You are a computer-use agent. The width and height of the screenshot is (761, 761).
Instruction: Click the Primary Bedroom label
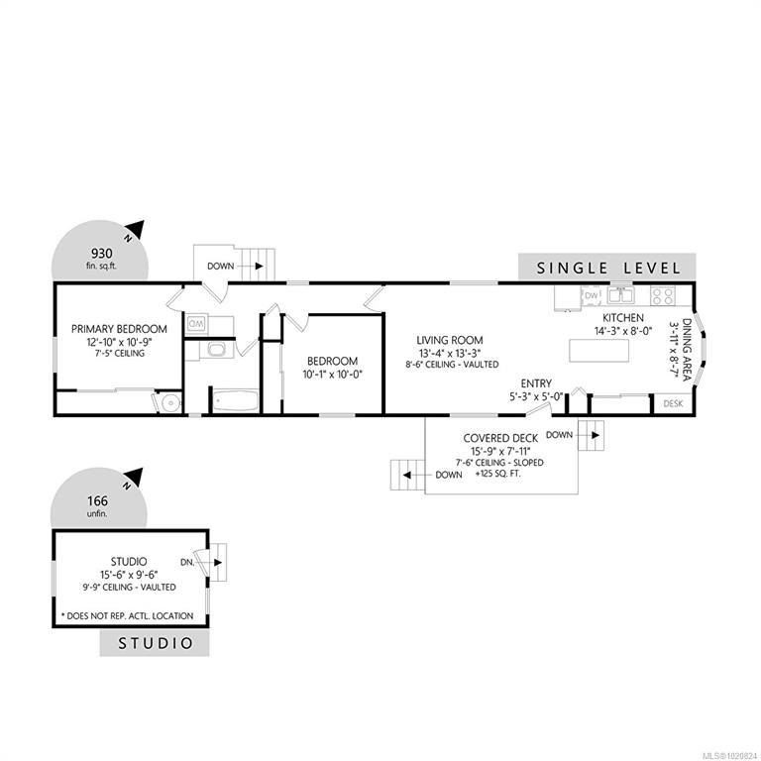119,329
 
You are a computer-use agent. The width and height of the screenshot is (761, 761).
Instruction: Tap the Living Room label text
450,340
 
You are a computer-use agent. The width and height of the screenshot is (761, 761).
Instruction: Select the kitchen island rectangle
598,351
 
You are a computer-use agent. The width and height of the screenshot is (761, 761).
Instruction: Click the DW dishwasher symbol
592,295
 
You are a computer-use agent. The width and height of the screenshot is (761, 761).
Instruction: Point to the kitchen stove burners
663,295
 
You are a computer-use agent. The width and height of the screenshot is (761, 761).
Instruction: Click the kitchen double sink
620,294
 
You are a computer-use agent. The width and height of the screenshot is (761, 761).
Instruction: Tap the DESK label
673,403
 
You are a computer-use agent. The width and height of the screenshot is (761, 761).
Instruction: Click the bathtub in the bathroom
236,401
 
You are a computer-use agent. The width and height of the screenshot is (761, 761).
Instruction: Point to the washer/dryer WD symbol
196,323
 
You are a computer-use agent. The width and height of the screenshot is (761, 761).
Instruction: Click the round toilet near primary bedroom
169,402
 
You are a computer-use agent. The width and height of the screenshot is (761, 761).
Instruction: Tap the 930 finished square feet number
102,254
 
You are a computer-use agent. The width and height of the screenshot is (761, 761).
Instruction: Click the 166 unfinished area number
97,500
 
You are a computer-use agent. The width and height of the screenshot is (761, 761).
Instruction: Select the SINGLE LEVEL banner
607,268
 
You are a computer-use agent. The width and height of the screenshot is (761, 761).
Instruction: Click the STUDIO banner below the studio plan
155,643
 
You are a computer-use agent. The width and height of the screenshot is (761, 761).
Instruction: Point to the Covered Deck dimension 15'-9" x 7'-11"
500,451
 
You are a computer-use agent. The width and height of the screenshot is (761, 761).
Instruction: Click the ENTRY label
536,383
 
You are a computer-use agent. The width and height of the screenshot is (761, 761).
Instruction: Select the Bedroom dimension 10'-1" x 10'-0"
333,375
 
